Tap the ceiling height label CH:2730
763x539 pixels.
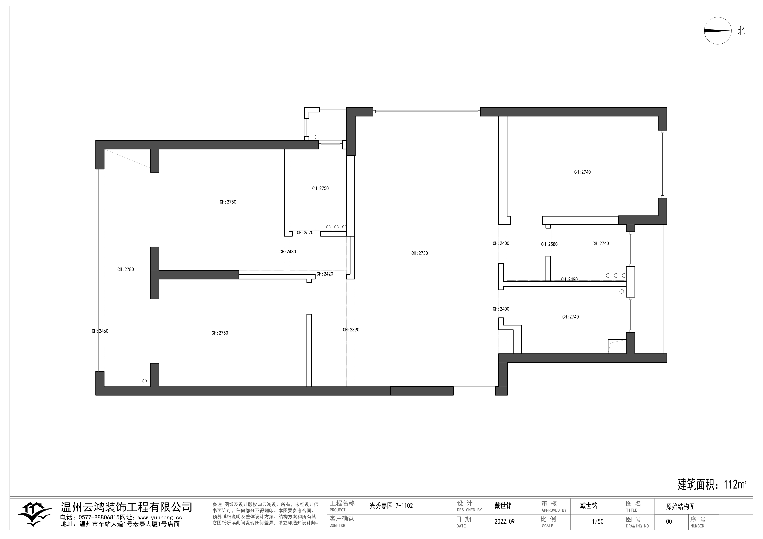tap(419, 253)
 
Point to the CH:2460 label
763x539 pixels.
tap(100, 331)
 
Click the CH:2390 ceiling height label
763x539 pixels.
tap(351, 330)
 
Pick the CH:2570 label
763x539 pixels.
tap(305, 233)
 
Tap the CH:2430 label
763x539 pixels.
tap(287, 252)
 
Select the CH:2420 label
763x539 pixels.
tap(325, 274)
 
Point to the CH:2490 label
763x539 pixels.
tap(569, 279)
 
